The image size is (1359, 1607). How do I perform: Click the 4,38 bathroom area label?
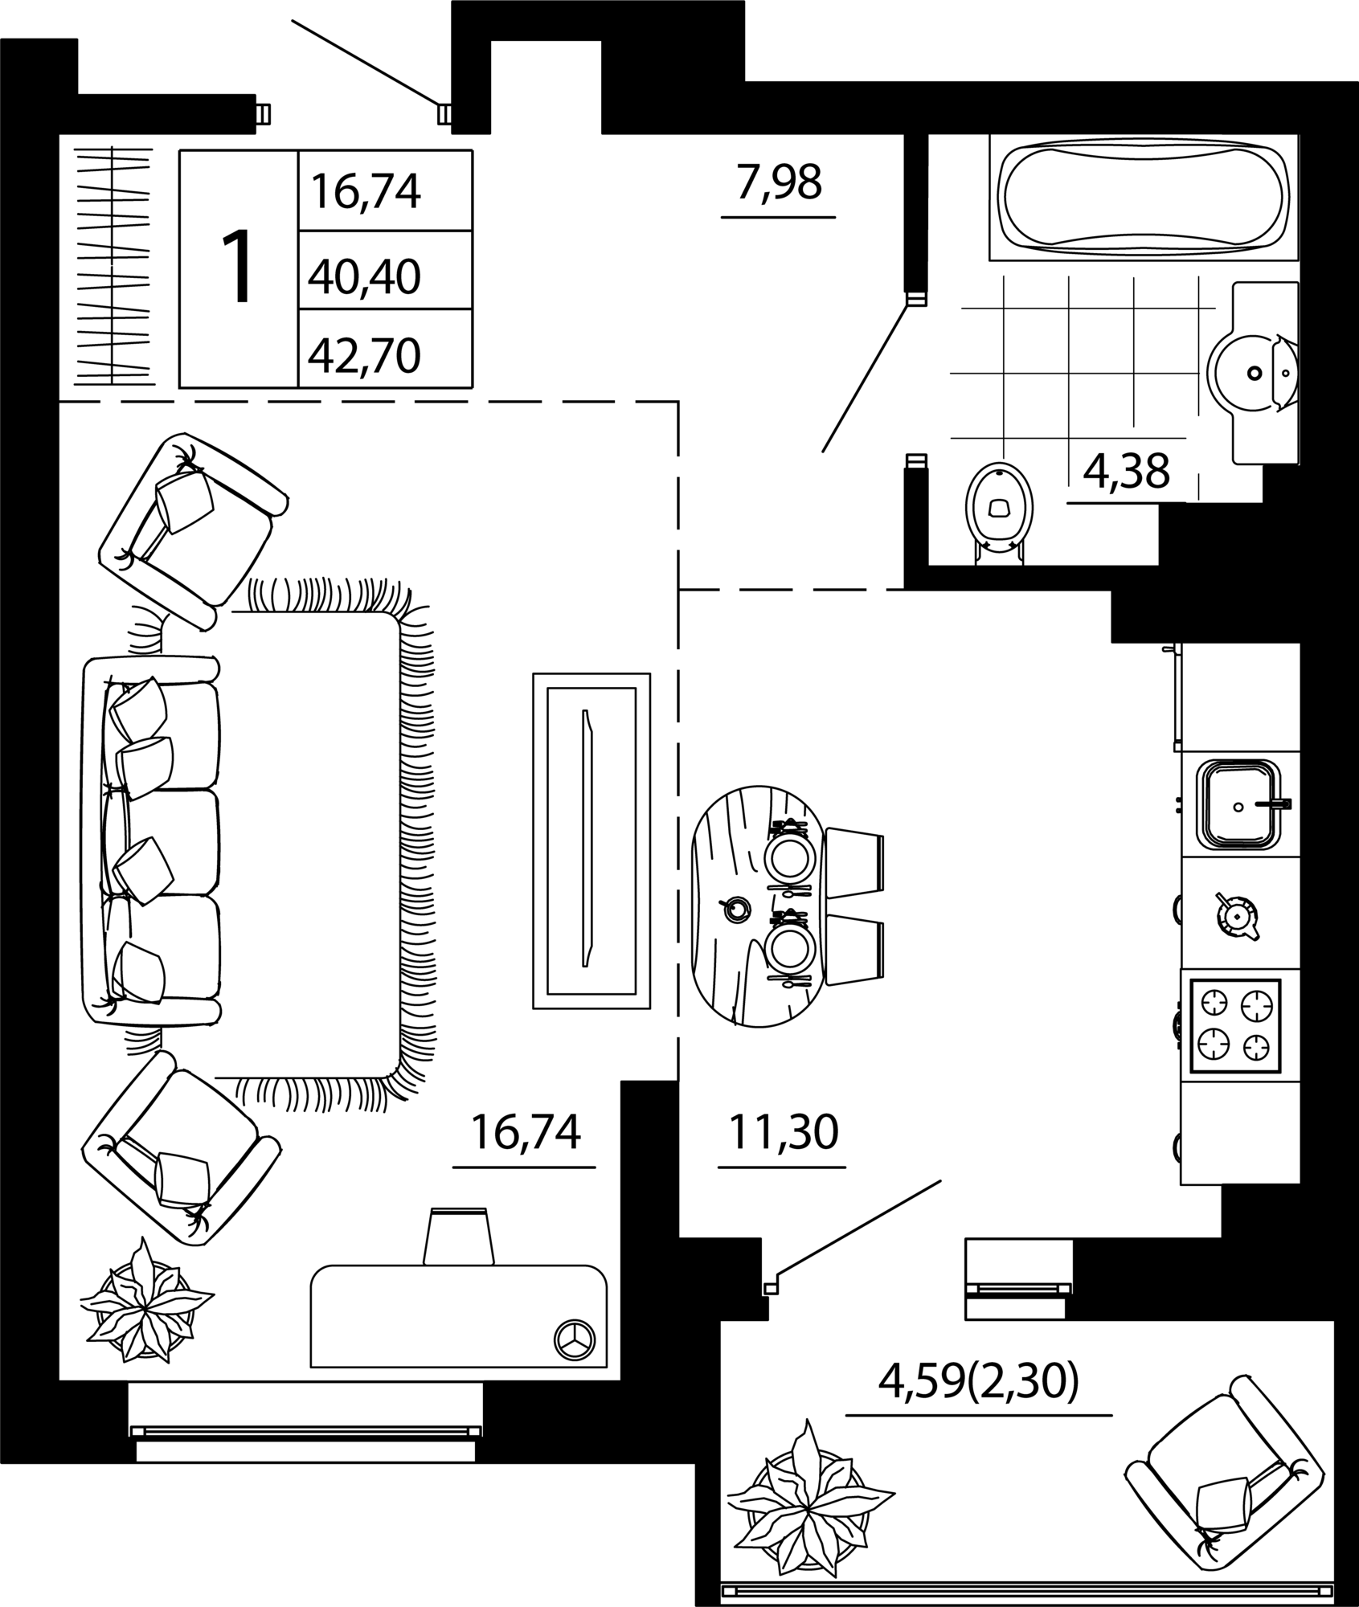(1126, 472)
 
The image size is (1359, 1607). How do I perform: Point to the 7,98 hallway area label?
(779, 182)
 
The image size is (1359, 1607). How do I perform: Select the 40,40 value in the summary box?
(364, 277)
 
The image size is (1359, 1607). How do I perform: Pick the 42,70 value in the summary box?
(364, 355)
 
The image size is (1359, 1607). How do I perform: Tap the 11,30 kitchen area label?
(783, 1132)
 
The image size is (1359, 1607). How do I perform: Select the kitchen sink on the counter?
(1238, 805)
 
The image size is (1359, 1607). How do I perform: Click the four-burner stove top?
(1234, 1027)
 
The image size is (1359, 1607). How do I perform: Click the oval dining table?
(756, 906)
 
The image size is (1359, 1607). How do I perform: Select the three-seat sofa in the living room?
(151, 840)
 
